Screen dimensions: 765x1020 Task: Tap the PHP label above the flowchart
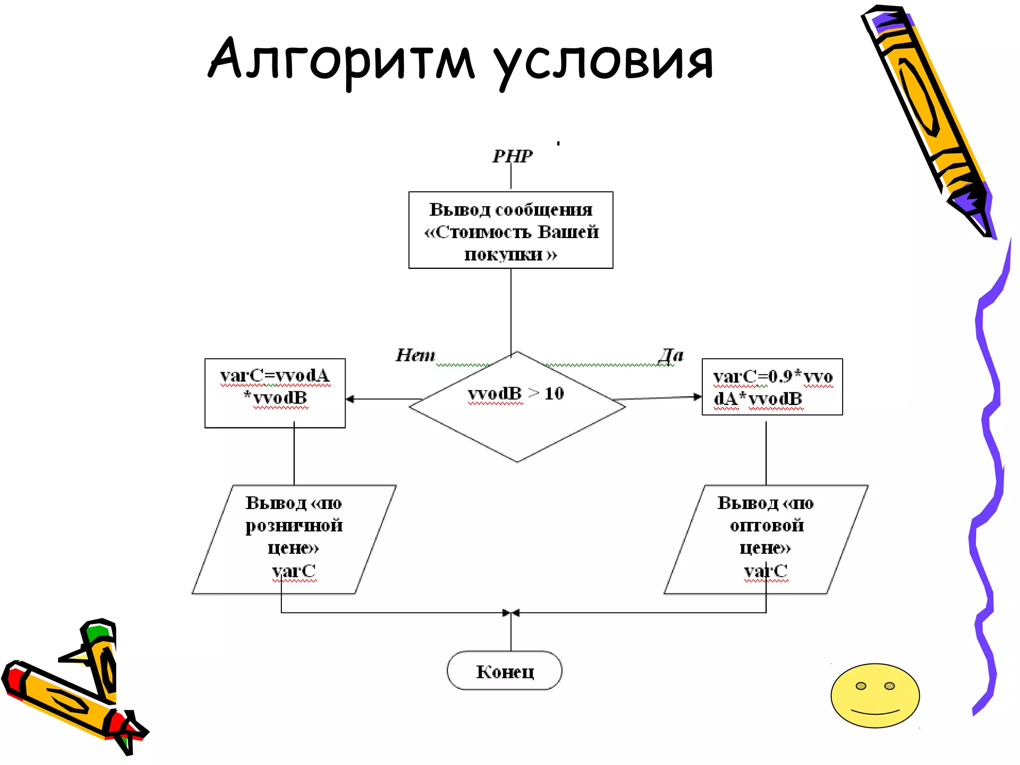(x=512, y=156)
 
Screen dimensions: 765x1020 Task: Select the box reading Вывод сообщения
(x=510, y=230)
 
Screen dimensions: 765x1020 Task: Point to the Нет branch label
(x=415, y=355)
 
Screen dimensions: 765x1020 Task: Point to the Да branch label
(x=670, y=355)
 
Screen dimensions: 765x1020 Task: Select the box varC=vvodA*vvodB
(x=275, y=393)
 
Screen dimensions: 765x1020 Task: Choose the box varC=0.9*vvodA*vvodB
(x=772, y=387)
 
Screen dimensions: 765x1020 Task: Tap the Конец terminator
(x=505, y=670)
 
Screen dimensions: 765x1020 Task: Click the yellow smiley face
(x=875, y=702)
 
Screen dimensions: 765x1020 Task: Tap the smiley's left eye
(x=861, y=686)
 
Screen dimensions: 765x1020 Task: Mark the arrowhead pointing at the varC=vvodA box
(x=350, y=399)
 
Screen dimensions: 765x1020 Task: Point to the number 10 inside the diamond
(x=554, y=393)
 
